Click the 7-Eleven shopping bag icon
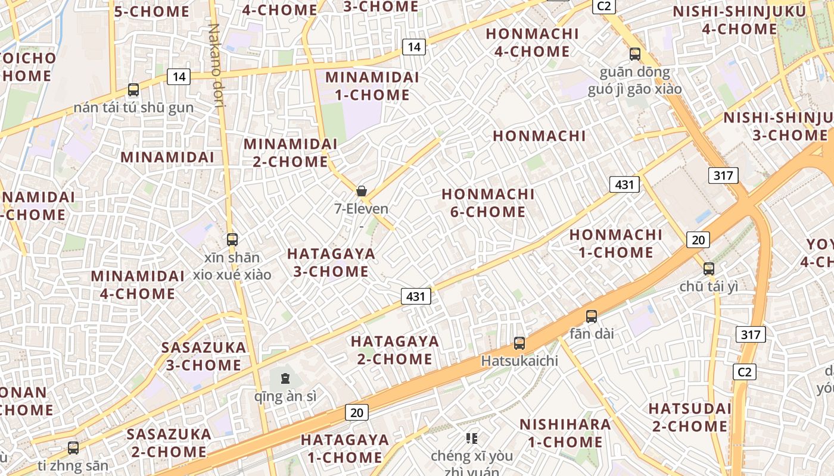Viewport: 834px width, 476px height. tap(361, 191)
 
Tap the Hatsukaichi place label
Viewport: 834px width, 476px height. tap(519, 361)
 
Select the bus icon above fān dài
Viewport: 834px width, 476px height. tap(591, 317)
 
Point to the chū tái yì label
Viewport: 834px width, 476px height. tap(709, 286)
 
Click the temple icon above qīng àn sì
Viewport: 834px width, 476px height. tap(285, 378)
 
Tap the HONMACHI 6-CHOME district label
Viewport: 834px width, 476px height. tap(488, 203)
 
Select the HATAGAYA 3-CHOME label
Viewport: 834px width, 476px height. tap(331, 262)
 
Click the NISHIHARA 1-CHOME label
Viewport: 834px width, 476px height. tap(565, 433)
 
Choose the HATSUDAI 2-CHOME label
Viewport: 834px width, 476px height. tap(689, 418)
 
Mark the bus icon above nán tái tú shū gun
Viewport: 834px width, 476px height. tap(133, 90)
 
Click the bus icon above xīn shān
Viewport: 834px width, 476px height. tap(232, 240)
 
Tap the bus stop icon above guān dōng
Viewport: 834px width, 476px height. tap(635, 54)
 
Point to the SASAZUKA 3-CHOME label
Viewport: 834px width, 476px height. tap(204, 356)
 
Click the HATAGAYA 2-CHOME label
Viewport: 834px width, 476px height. tap(395, 350)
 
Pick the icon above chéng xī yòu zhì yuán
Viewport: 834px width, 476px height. tap(472, 439)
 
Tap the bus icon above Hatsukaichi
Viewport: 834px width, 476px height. tap(519, 343)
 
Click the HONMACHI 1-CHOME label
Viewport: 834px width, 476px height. tap(616, 243)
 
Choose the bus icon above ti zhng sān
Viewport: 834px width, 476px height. tap(73, 447)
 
